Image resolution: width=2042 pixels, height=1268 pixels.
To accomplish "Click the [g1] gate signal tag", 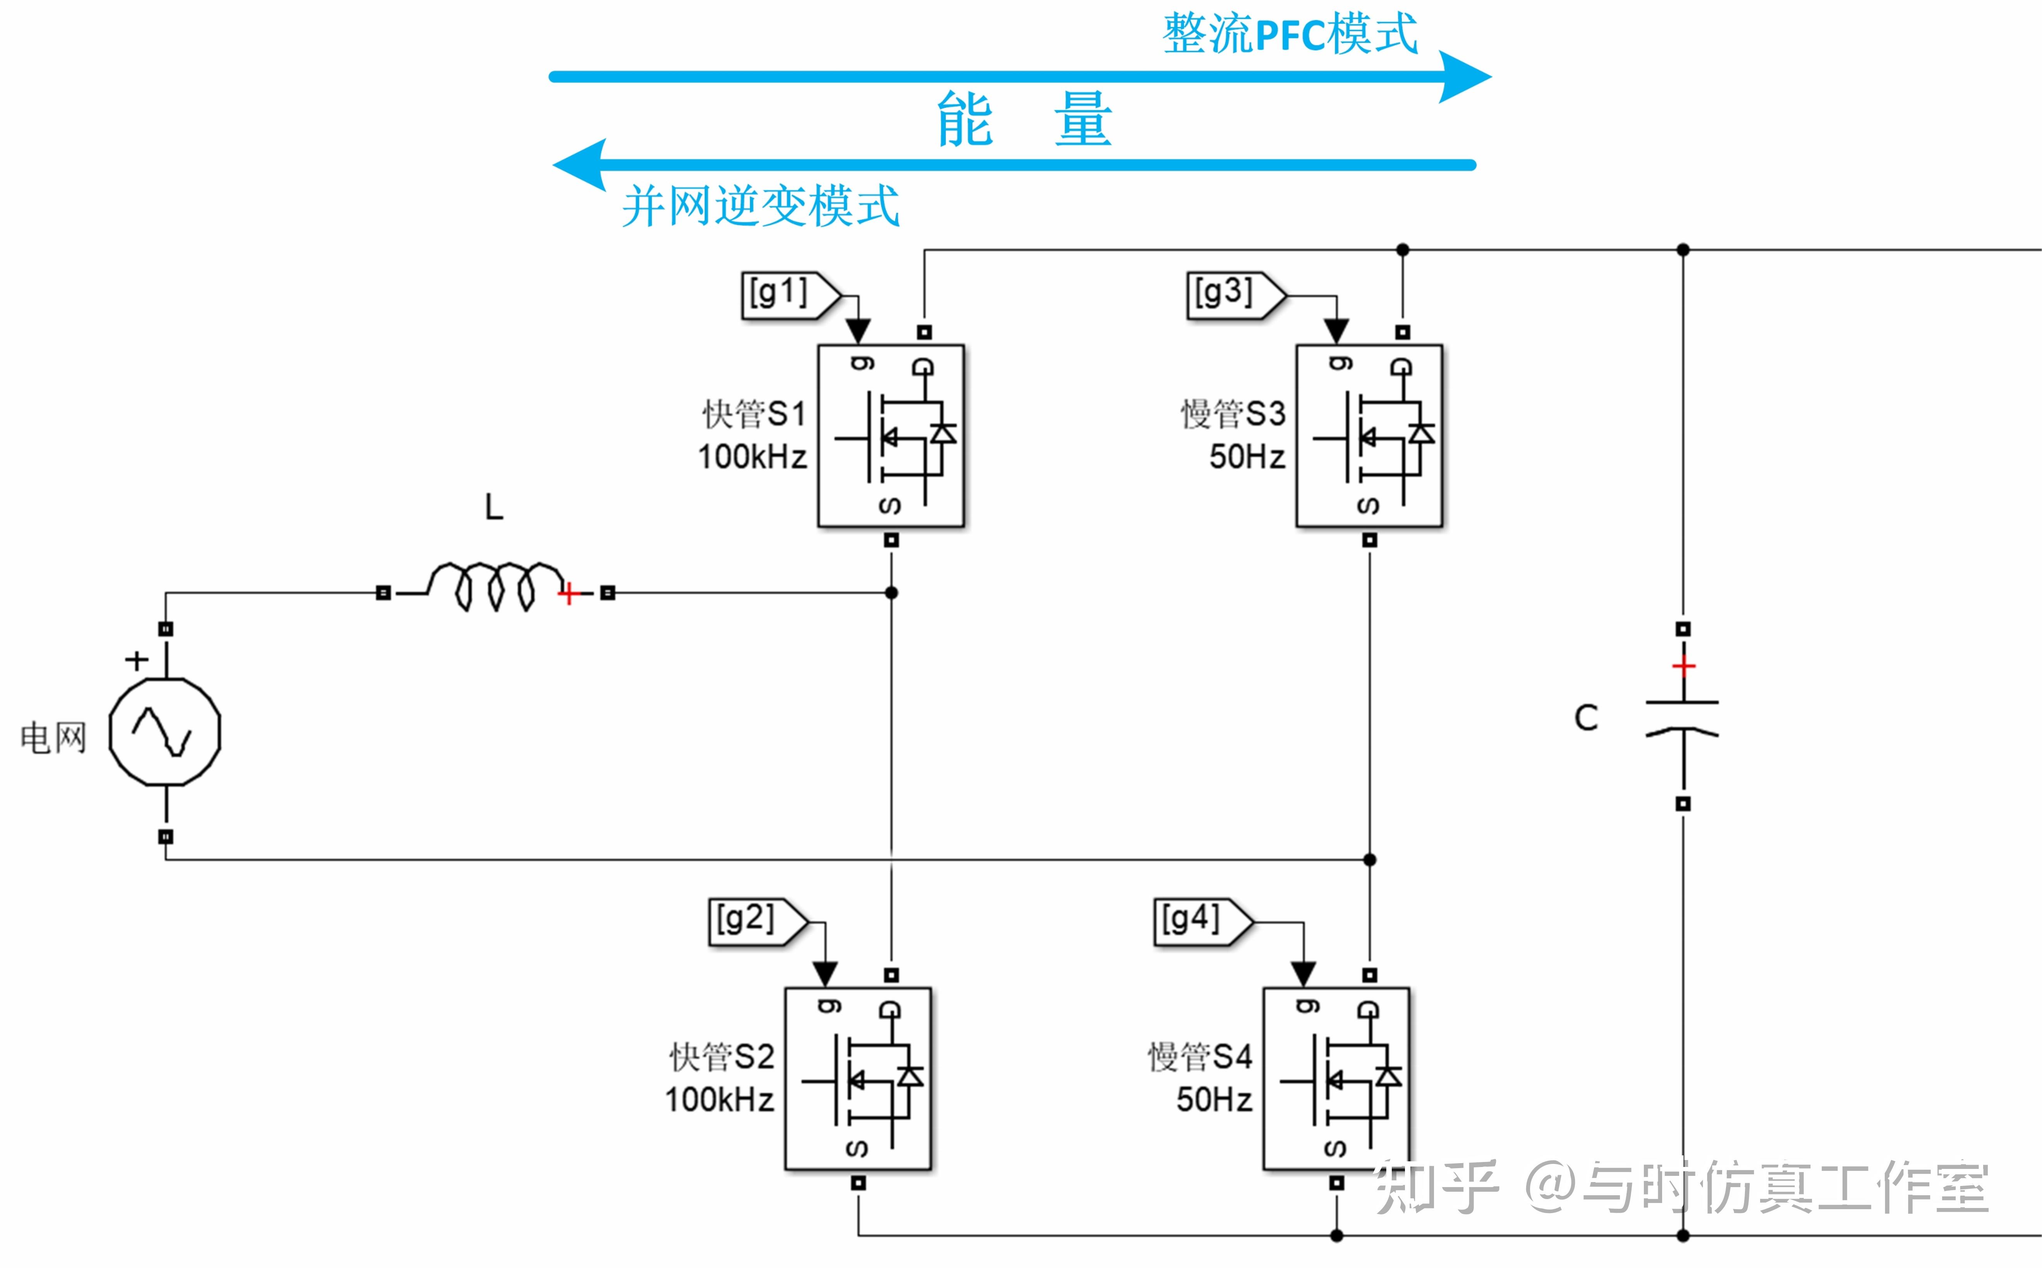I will coord(788,295).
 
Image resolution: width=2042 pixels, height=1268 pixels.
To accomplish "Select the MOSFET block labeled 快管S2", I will coord(857,1078).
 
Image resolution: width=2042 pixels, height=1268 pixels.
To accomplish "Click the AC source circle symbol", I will coord(165,732).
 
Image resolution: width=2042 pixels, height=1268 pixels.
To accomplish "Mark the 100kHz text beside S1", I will coord(752,457).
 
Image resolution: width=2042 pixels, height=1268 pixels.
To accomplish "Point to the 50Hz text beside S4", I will coord(1214,1099).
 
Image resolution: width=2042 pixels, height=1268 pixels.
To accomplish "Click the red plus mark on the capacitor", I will coord(1683,666).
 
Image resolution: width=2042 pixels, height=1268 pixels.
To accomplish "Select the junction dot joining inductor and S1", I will coord(891,593).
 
